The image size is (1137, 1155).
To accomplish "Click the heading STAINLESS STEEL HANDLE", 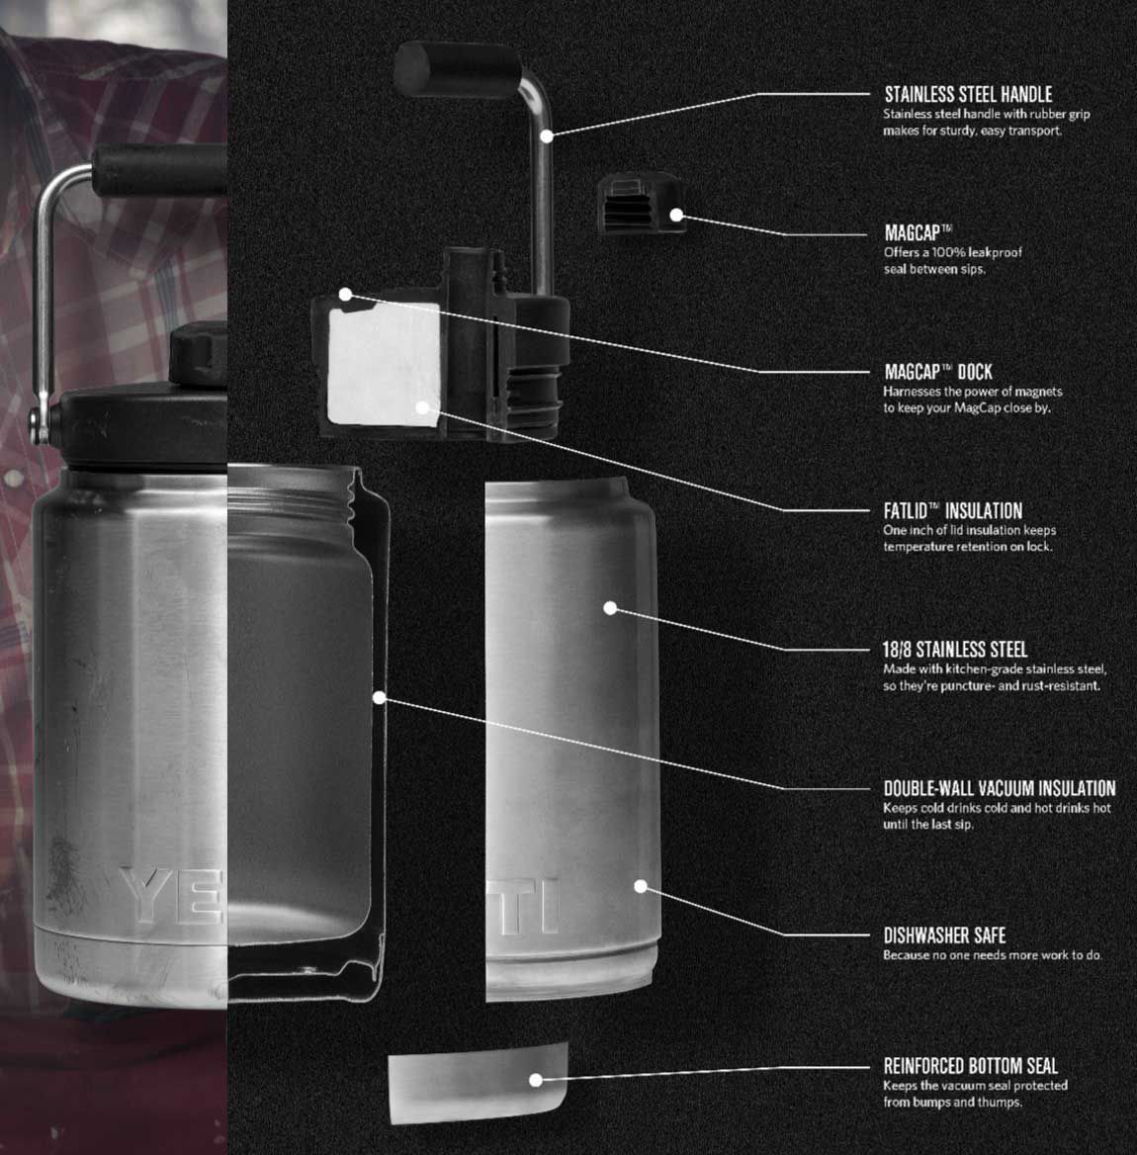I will pos(968,95).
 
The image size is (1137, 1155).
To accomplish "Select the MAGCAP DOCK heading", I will pos(937,372).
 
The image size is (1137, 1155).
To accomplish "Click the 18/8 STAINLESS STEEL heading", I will pos(954,650).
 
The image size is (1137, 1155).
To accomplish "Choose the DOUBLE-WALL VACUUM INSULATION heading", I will pos(999,788).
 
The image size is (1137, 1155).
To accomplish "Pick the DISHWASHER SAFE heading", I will pos(944,934).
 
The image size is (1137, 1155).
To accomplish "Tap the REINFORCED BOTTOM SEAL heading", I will pos(970,1066).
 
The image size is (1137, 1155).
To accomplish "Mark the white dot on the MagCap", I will pos(676,215).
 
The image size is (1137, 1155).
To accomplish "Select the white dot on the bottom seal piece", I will pos(535,1080).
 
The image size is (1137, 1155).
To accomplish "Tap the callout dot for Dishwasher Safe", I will pos(641,886).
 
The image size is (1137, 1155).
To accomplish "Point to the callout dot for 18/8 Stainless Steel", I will pos(610,607).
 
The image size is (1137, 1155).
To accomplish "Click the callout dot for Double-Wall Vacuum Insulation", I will pos(380,697).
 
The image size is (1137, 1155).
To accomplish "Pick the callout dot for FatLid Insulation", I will pos(422,405).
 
